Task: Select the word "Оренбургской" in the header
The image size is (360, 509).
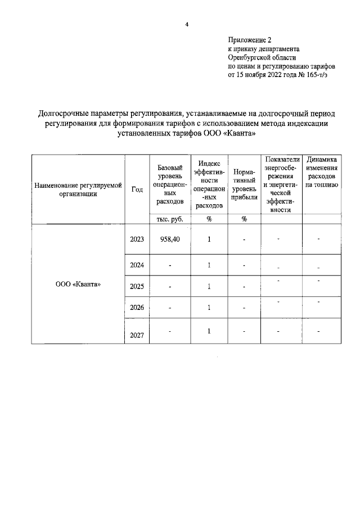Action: (250, 57)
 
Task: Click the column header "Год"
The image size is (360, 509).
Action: (137, 189)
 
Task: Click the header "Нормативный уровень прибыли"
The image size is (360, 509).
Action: (244, 184)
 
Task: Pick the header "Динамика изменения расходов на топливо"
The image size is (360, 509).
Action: (322, 172)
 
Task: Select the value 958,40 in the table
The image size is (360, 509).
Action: (169, 239)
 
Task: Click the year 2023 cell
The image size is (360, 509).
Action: (137, 239)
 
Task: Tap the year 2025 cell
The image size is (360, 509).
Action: (137, 286)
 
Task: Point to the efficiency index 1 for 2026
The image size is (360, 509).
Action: (209, 308)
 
